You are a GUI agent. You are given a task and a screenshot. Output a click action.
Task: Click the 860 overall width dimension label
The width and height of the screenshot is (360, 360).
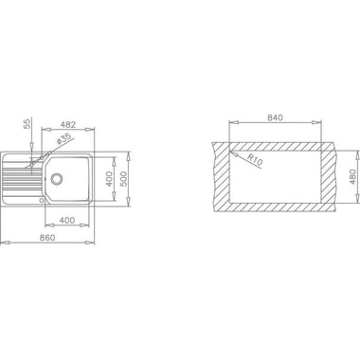(x=47, y=237)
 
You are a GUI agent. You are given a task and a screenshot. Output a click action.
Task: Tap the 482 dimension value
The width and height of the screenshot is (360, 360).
(x=68, y=124)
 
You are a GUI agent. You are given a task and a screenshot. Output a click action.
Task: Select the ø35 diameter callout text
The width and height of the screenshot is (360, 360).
(x=63, y=139)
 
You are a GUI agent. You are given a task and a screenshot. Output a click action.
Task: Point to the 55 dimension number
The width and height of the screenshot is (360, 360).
(x=27, y=124)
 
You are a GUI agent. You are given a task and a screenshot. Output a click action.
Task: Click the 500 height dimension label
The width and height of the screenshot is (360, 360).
(x=124, y=179)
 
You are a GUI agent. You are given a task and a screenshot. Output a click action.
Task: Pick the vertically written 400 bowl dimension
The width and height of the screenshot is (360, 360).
(x=110, y=179)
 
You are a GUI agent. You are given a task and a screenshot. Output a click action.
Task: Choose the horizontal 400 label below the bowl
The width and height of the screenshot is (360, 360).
(x=67, y=220)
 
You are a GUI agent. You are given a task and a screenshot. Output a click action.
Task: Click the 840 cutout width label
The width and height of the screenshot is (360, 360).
(x=275, y=117)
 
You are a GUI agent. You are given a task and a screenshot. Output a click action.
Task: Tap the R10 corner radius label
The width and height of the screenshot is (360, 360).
(x=255, y=159)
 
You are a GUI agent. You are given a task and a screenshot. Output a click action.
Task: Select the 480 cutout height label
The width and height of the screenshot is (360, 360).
(x=353, y=176)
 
